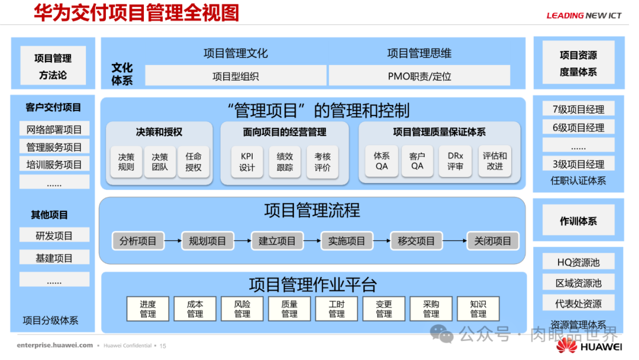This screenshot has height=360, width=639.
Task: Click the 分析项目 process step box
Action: (x=138, y=241)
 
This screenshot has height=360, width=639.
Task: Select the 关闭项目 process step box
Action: (x=493, y=241)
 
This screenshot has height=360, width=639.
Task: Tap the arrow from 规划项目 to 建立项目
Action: (x=242, y=241)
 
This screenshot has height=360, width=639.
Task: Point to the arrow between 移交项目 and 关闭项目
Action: (x=454, y=241)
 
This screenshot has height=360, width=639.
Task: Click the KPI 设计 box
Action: (x=247, y=162)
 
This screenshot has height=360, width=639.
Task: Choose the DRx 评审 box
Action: (x=455, y=161)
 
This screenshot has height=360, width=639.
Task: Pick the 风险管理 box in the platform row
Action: (x=242, y=308)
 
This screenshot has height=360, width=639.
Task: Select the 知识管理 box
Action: (x=478, y=308)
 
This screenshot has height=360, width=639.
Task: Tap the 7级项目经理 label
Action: (x=578, y=109)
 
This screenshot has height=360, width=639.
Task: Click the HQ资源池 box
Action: (x=578, y=262)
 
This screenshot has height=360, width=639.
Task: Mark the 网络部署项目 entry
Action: (x=54, y=130)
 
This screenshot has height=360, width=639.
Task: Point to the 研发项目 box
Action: (x=54, y=236)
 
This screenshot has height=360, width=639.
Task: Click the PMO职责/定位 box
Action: (x=419, y=76)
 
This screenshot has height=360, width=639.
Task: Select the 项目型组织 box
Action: (x=235, y=76)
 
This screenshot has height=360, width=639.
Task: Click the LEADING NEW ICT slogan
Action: (x=583, y=15)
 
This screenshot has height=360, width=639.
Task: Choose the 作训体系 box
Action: (x=578, y=221)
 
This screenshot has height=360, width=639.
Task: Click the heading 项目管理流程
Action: (x=312, y=210)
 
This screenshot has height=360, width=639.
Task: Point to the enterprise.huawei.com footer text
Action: (x=55, y=345)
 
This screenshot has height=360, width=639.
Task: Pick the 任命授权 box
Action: (x=193, y=162)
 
